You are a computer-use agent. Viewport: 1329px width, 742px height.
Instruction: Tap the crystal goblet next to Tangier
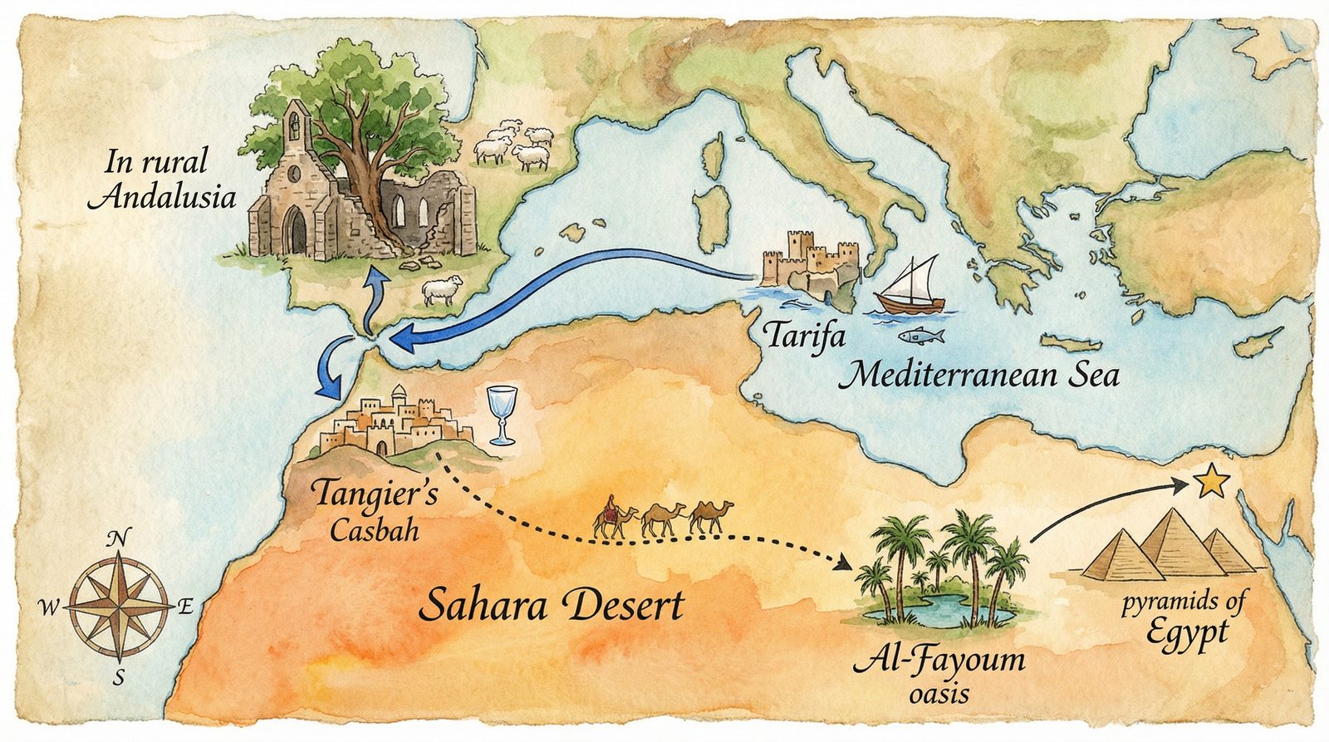(x=502, y=415)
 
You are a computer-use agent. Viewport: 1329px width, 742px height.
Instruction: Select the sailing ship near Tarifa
(x=911, y=287)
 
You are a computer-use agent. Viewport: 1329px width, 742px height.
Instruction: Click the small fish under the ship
(x=920, y=336)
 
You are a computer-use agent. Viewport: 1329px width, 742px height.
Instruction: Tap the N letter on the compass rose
(x=118, y=538)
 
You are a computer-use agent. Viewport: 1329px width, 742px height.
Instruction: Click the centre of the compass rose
(x=118, y=608)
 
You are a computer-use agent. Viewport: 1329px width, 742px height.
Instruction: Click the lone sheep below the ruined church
(x=440, y=291)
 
